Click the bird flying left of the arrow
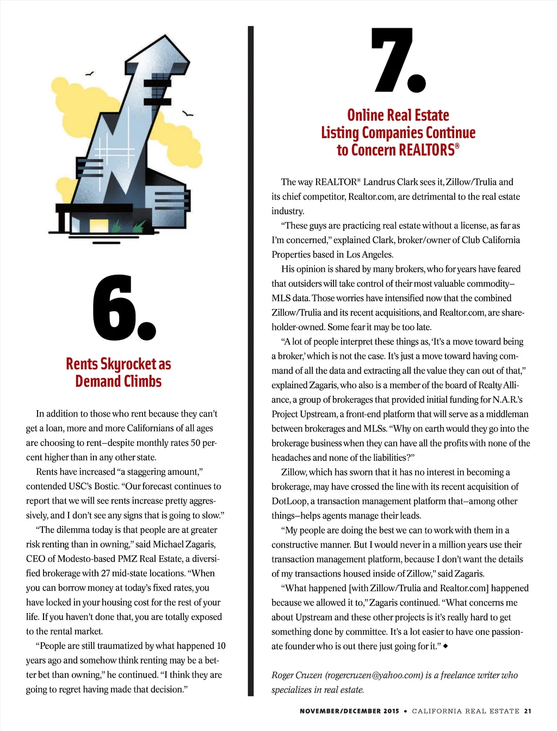click(90, 73)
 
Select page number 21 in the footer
click(528, 711)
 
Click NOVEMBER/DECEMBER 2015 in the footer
click(349, 711)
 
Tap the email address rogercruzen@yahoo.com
click(374, 675)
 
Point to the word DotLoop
click(289, 501)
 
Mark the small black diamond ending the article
click(445, 646)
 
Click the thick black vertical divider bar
click(251, 359)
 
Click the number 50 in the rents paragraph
click(196, 443)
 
